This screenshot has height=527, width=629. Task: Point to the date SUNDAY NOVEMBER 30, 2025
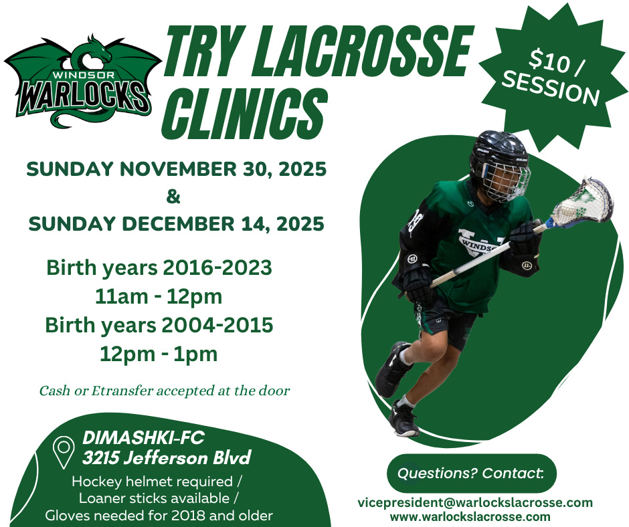point(176,169)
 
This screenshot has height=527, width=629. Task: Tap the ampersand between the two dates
point(173,197)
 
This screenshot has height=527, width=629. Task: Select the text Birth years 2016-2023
point(159,268)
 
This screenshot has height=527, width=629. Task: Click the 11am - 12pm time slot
point(159,296)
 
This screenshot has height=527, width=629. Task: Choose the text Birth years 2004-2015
point(159,325)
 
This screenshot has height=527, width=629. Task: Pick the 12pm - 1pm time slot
point(159,354)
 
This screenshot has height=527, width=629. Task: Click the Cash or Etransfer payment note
point(165,391)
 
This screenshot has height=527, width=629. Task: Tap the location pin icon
point(64,452)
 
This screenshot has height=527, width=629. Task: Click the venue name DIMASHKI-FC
point(143,438)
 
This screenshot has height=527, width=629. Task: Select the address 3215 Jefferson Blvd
point(167,458)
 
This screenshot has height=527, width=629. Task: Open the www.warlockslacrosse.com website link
point(471,516)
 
